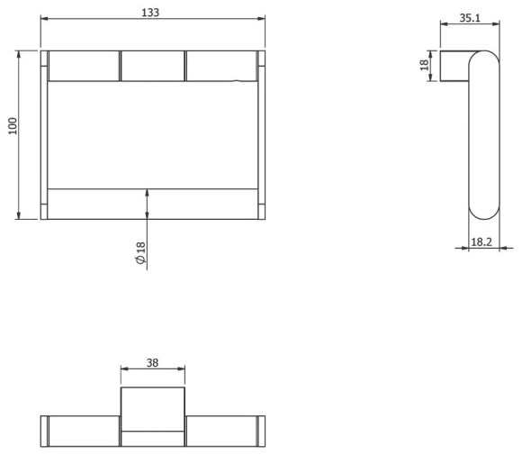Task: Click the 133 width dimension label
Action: [x=150, y=13]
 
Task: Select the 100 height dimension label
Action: [x=13, y=126]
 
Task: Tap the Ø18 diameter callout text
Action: [x=141, y=253]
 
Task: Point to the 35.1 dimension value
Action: [x=470, y=18]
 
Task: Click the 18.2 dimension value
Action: [x=481, y=242]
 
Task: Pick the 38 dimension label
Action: [x=152, y=363]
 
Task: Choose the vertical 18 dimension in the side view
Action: [x=424, y=65]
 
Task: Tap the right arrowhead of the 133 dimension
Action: [x=261, y=19]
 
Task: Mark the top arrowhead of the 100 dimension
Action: [x=19, y=55]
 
